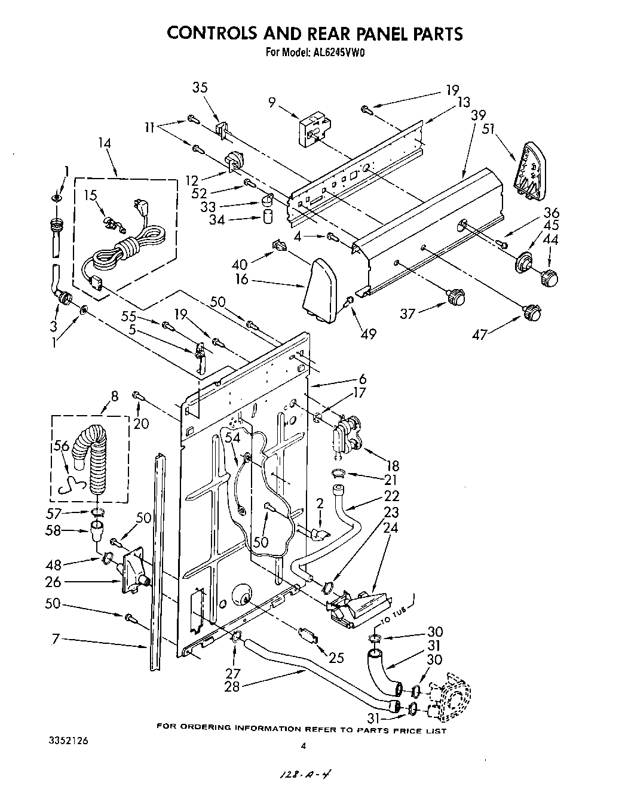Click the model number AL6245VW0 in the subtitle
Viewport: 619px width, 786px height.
pos(338,52)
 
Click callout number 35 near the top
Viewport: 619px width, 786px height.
pos(200,88)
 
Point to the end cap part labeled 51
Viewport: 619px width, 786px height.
pos(529,170)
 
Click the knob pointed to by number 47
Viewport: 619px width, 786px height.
pos(531,312)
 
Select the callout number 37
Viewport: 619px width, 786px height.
pos(408,314)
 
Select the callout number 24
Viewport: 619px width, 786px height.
pos(391,529)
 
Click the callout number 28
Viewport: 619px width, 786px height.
pos(232,687)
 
